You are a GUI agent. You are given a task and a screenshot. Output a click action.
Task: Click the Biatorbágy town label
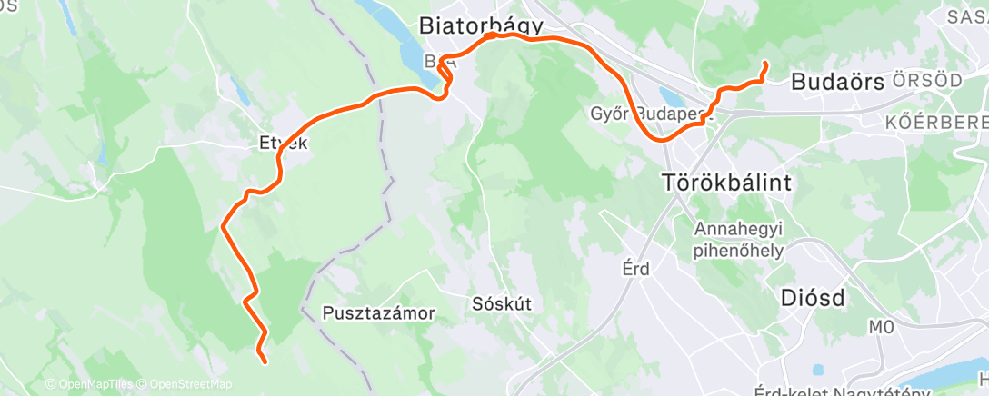coord(481,26)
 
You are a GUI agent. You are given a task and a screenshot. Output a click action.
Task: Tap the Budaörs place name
coord(837,82)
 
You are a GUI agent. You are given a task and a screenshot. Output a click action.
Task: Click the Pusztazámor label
coord(379,313)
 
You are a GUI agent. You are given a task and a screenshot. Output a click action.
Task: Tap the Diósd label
coord(814,298)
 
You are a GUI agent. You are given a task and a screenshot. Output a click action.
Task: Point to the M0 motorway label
coord(881,326)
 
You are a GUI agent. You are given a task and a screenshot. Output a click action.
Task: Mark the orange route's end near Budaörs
coord(764,64)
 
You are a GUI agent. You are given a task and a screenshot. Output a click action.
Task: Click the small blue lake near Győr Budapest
coord(673,95)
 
